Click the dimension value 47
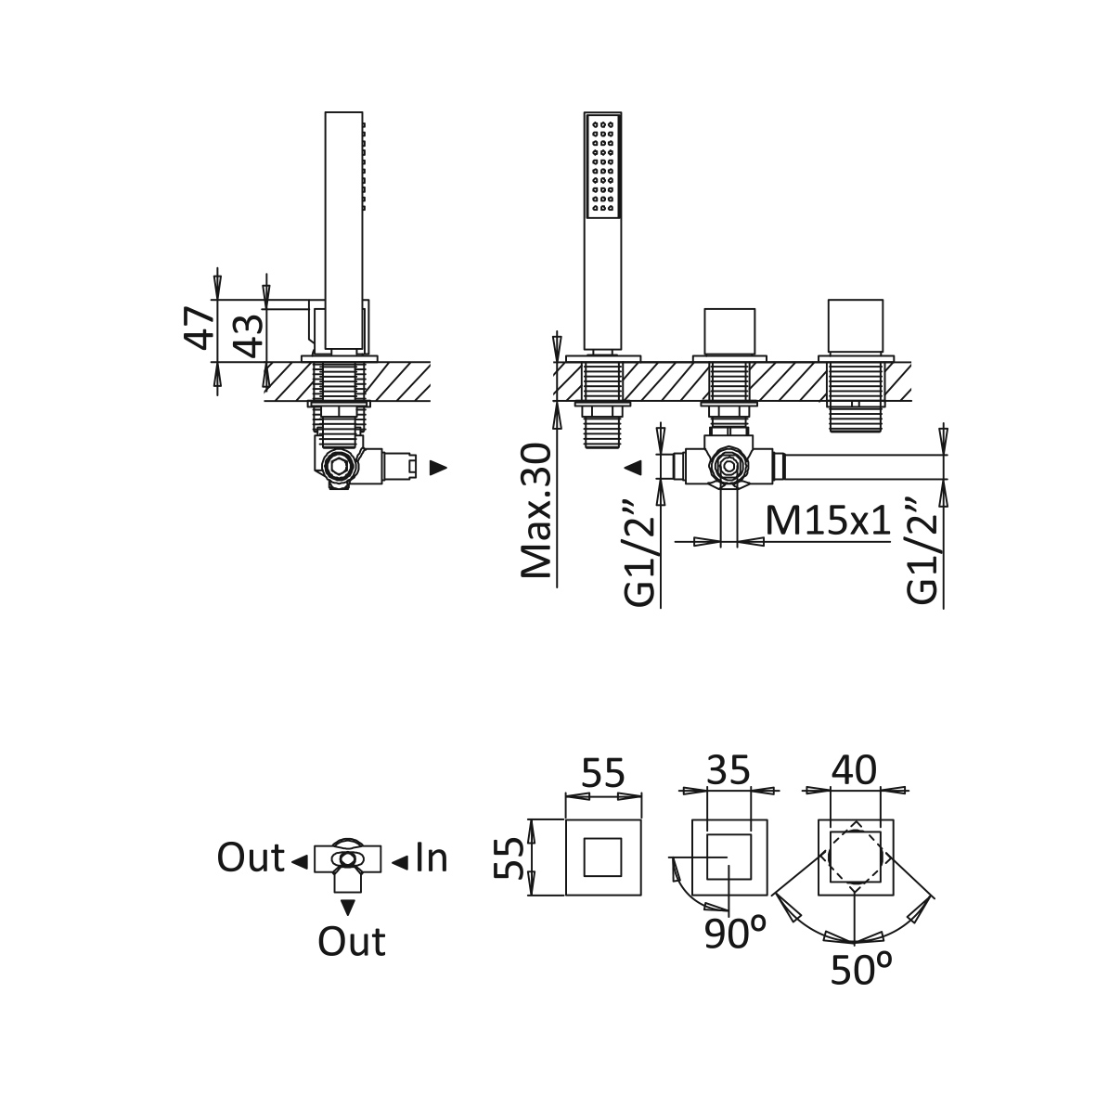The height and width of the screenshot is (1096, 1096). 200,329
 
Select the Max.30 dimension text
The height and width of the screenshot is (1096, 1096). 536,511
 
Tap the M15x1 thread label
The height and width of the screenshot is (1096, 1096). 829,522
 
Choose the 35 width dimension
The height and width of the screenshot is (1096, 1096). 729,770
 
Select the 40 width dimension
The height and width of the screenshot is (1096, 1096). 855,770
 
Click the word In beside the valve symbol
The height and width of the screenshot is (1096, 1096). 432,858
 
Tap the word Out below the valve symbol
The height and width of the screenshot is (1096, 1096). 351,942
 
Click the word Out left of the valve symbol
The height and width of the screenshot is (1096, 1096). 250,858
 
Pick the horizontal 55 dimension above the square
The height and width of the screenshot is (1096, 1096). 603,773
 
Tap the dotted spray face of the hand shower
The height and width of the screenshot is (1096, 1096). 601,167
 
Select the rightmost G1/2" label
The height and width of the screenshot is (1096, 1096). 924,551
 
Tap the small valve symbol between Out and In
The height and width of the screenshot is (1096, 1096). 346,859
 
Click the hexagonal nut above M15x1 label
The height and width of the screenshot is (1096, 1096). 729,463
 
